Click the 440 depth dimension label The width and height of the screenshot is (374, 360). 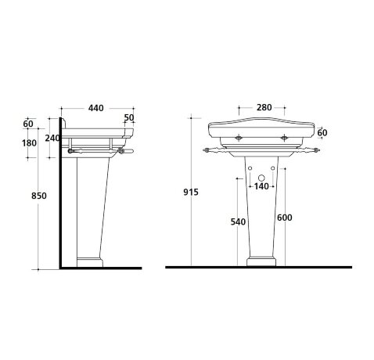tap(95, 108)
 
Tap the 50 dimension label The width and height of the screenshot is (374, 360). tap(129, 117)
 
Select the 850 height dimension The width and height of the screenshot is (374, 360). tap(39, 196)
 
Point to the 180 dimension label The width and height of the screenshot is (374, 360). tap(29, 143)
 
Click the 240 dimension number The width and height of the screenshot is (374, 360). tap(52, 138)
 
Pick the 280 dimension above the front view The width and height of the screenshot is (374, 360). tap(264, 107)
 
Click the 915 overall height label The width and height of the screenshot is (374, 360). tap(191, 192)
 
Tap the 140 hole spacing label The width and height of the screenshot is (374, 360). tap(261, 186)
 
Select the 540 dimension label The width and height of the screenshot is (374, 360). tap(238, 221)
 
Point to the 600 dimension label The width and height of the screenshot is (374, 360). tap(285, 218)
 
